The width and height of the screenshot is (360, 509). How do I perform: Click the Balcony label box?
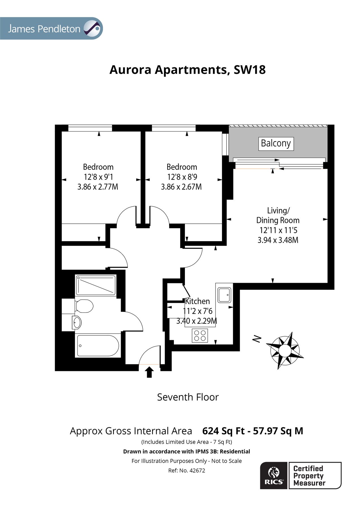coord(276,143)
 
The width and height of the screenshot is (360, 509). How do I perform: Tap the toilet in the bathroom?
coord(85,306)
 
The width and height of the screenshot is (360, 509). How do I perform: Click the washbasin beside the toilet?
coord(77,322)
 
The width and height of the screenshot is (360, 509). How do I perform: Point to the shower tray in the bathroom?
coord(96,285)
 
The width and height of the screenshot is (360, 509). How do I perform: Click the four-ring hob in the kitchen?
coord(200,335)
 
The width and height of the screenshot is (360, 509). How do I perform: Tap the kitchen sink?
coord(224,295)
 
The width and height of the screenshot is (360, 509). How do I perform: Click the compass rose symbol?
coord(285,351)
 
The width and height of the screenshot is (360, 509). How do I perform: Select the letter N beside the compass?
coord(256,339)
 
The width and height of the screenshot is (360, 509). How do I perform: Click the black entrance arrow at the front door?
coord(149,372)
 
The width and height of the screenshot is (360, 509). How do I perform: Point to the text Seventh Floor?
coord(188,397)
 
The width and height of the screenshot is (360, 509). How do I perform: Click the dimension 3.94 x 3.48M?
coord(278,240)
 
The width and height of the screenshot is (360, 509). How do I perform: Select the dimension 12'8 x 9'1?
coord(98,177)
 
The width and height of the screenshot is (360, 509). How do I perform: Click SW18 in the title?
coord(249,70)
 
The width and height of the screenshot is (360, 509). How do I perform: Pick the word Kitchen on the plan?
coord(197,301)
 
